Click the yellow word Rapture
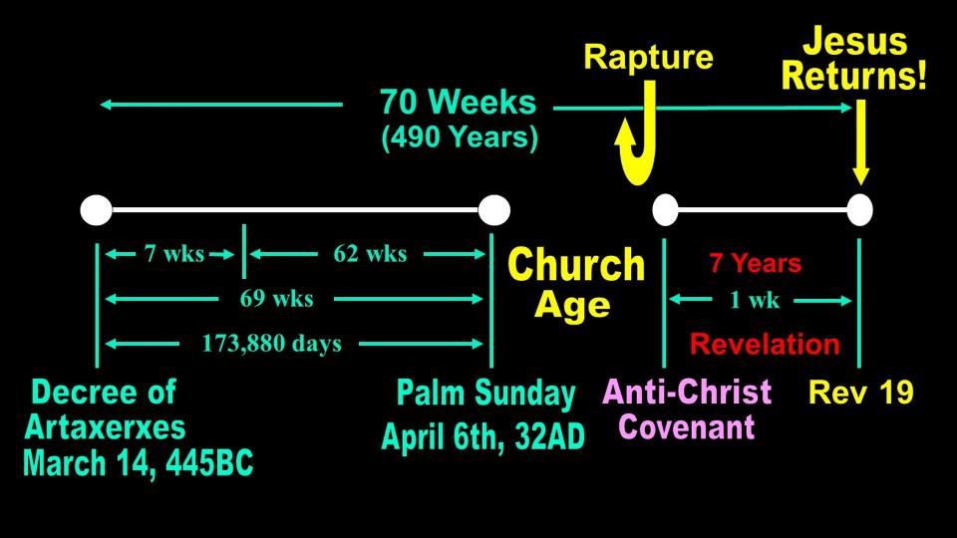click(648, 58)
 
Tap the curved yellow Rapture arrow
click(646, 164)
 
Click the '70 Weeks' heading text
click(458, 102)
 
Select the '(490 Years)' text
click(460, 137)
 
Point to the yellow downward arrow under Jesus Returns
click(860, 141)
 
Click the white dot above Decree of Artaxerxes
click(97, 210)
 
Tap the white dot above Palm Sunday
click(493, 210)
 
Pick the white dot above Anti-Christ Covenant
click(665, 210)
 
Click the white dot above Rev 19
click(860, 210)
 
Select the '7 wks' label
click(173, 253)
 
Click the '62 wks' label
click(370, 253)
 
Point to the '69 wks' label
click(276, 298)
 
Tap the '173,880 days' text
click(271, 344)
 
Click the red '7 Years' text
click(755, 263)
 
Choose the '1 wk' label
click(755, 300)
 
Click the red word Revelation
click(765, 344)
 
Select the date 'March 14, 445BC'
click(138, 463)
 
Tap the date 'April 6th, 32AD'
click(482, 436)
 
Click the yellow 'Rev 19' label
click(860, 393)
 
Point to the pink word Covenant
click(687, 426)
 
